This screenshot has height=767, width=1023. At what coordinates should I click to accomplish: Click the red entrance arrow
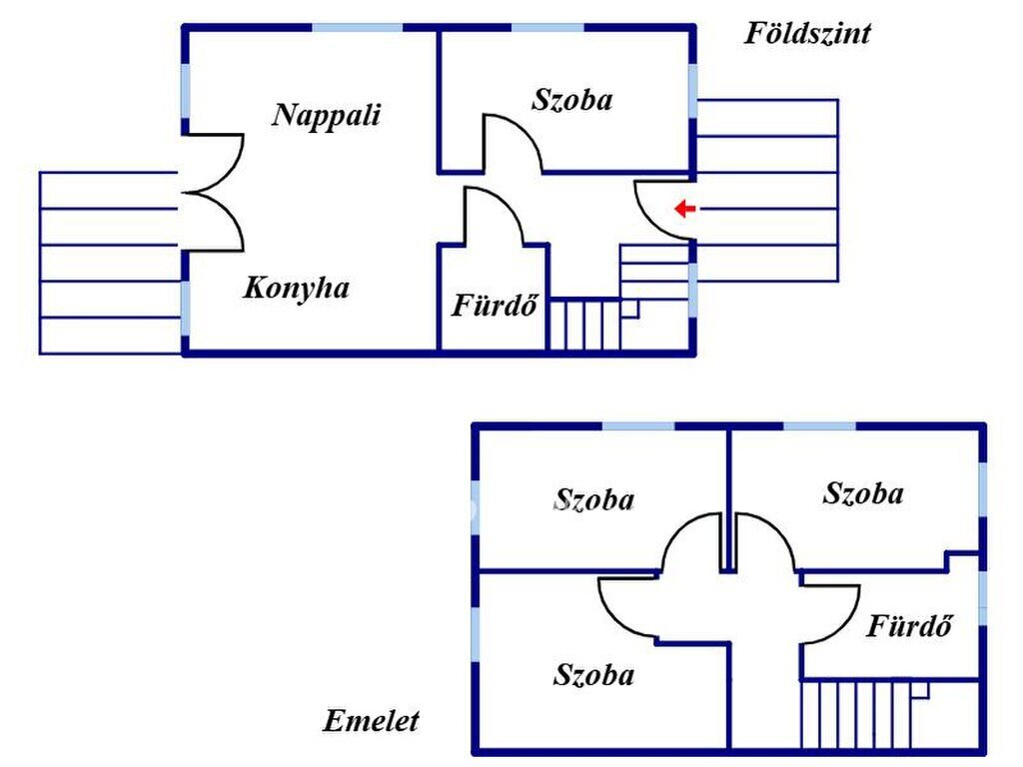[x=685, y=209]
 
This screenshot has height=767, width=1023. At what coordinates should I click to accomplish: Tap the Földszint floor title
[x=807, y=33]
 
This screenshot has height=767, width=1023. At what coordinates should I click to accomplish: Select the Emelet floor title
[x=371, y=721]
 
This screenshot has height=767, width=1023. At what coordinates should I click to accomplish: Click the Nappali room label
[x=327, y=116]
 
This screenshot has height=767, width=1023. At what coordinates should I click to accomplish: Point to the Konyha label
[x=296, y=289]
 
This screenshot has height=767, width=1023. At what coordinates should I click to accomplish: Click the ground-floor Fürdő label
[x=496, y=306]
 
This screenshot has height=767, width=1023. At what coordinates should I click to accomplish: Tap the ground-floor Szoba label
[x=572, y=100]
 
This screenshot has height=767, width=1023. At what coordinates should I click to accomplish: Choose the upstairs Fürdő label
[x=909, y=625]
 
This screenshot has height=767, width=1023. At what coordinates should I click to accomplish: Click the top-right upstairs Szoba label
[x=863, y=493]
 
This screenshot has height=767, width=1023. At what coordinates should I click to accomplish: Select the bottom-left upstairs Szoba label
[x=593, y=674]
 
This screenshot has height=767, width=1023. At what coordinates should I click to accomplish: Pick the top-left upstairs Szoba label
[x=593, y=499]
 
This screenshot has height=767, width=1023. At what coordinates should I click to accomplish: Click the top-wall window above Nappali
[x=357, y=27]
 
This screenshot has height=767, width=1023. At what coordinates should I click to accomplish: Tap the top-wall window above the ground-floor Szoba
[x=547, y=27]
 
